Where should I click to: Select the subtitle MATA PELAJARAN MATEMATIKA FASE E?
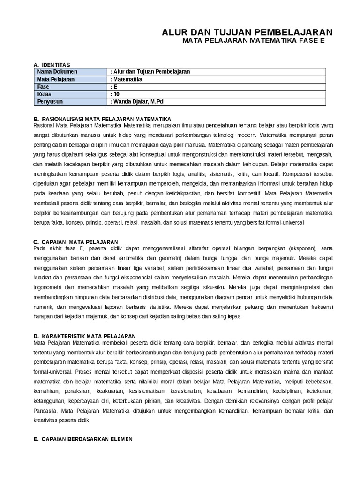(x=253, y=41)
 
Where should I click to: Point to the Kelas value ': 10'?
(x=115, y=94)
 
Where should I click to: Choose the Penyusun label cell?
(x=50, y=101)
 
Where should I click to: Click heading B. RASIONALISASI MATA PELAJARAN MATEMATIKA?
(x=103, y=119)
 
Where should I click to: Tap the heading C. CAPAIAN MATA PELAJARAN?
(x=75, y=241)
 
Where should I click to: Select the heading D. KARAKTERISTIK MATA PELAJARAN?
(x=84, y=336)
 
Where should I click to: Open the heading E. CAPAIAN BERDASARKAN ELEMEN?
(x=83, y=439)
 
